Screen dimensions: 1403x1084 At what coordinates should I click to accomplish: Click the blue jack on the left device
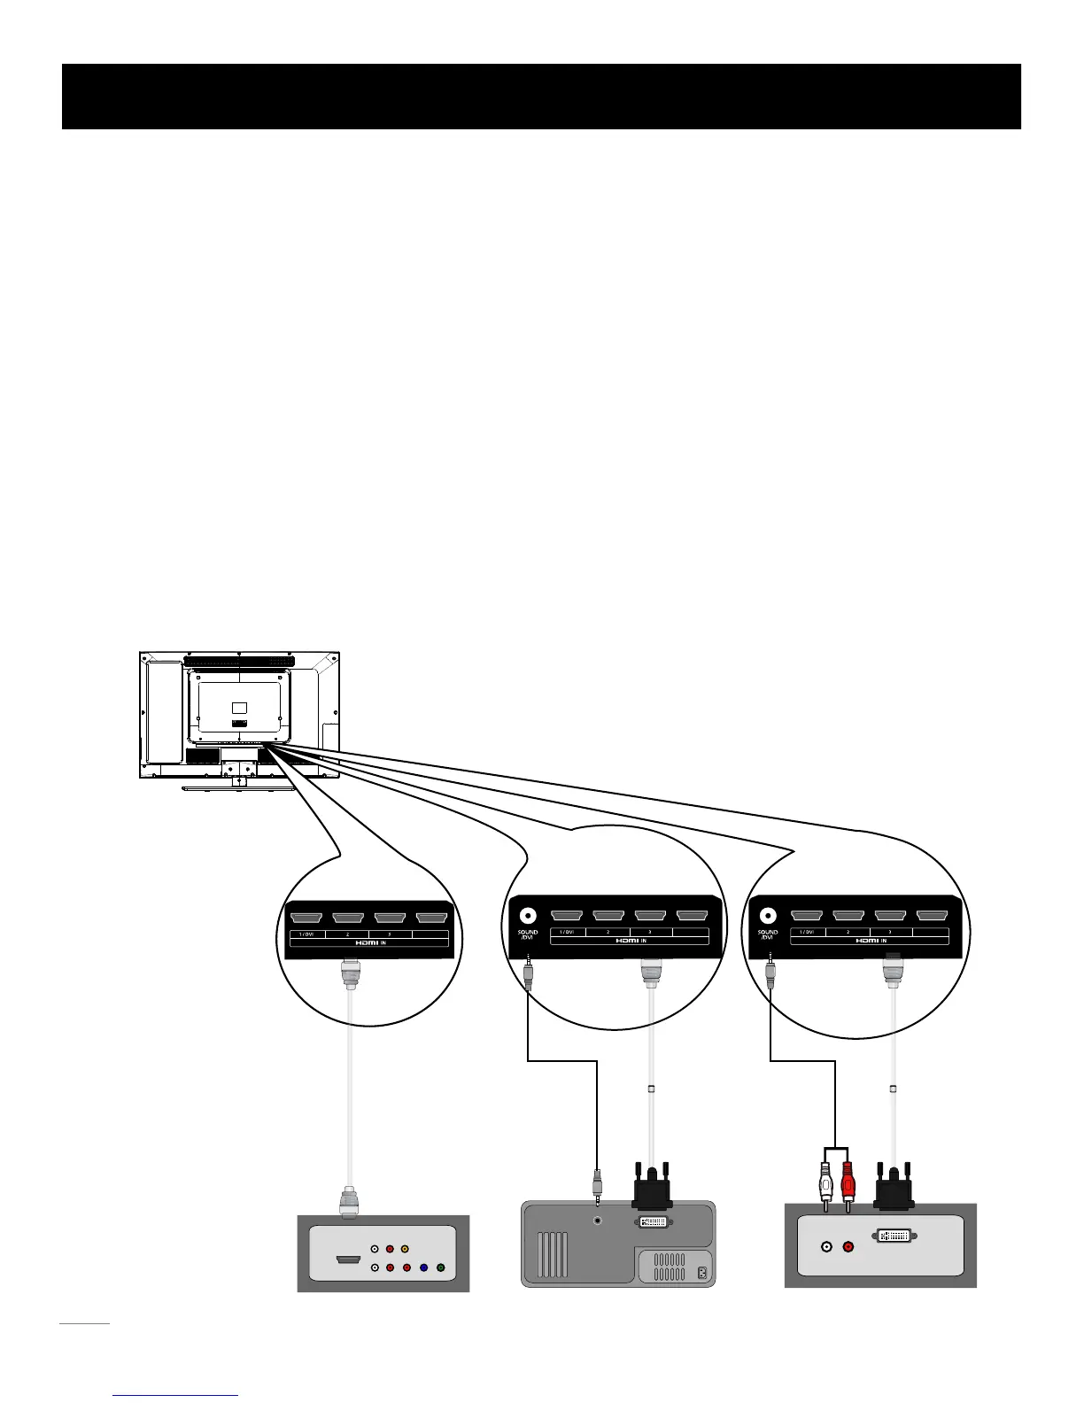coord(423,1267)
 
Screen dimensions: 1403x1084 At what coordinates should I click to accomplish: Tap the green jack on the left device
coord(440,1267)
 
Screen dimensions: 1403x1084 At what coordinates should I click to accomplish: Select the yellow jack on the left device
coord(405,1250)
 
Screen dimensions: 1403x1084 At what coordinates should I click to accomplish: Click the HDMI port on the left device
coord(347,1259)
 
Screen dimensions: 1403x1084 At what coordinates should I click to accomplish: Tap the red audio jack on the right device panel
coord(848,1247)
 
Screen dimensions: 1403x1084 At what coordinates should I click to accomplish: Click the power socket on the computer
coord(702,1274)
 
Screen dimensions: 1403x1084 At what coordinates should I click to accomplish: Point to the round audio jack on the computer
coord(599,1221)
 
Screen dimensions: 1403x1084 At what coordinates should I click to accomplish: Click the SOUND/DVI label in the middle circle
coord(528,934)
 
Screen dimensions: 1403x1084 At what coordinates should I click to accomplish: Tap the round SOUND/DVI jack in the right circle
coord(768,916)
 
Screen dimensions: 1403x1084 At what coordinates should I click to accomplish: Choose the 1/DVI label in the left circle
coord(306,934)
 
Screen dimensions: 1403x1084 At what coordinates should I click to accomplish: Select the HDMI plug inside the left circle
coord(351,977)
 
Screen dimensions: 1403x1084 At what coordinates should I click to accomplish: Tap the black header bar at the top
coord(541,97)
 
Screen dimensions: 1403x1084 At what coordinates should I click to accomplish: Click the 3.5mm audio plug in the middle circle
coord(529,971)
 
